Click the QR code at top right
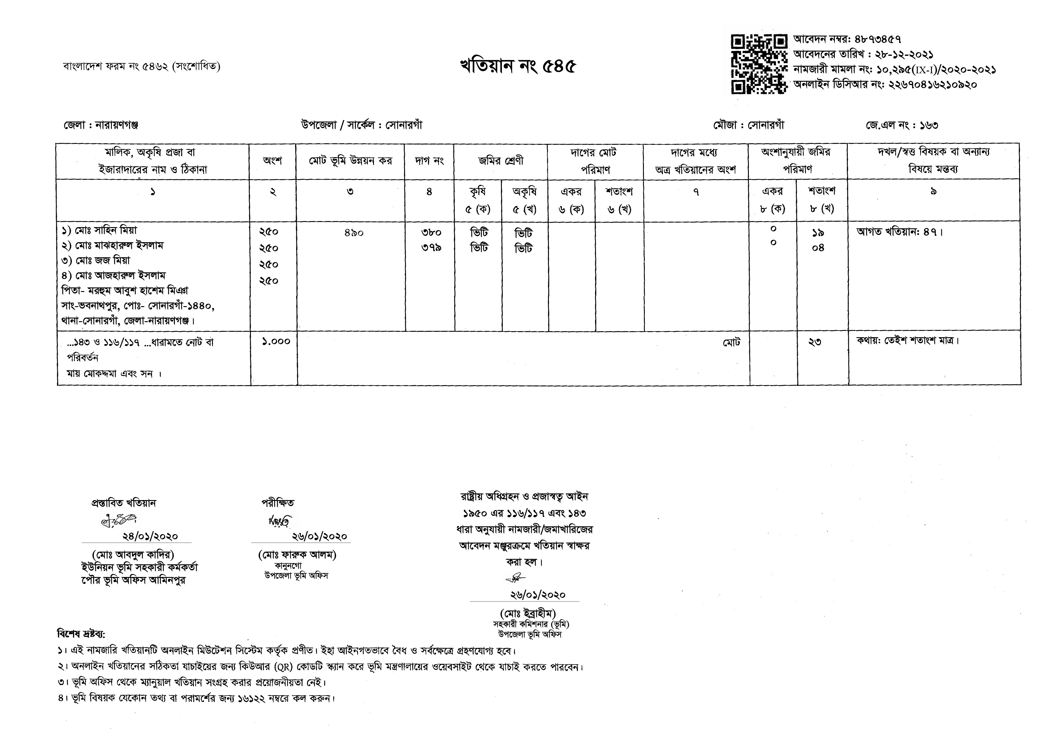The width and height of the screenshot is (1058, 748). [759, 64]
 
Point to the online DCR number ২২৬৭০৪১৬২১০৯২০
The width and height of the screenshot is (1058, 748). [932, 85]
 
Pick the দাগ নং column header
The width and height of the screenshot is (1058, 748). [429, 161]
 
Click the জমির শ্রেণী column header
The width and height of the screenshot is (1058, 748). [501, 161]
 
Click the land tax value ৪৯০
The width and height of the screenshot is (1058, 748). [353, 233]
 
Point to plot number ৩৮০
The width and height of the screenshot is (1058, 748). [431, 233]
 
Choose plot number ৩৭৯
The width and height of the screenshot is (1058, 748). [431, 248]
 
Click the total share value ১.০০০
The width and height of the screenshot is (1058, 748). [276, 341]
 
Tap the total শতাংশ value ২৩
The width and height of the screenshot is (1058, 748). [815, 342]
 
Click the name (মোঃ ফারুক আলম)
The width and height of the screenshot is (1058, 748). [297, 555]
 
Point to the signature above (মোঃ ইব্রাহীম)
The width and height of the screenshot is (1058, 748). [515, 578]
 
